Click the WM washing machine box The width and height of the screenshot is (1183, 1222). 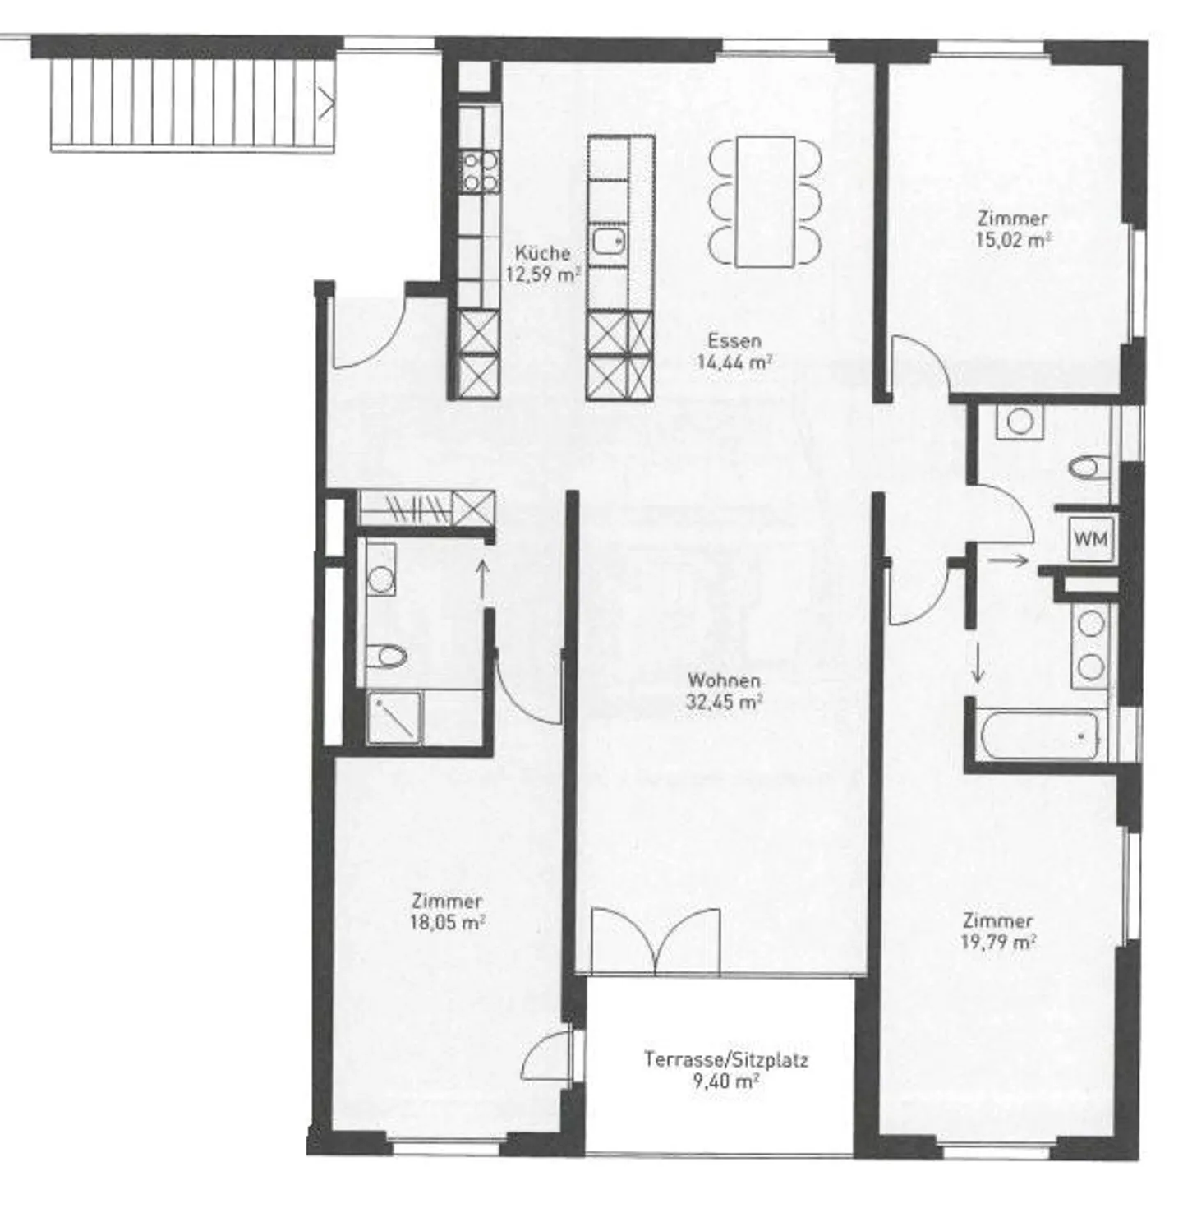tap(1091, 540)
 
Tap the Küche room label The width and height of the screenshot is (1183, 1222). tap(542, 253)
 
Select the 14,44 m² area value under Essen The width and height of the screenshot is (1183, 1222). tap(734, 362)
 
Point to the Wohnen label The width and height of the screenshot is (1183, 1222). tap(724, 680)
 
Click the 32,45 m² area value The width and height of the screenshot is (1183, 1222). tap(724, 702)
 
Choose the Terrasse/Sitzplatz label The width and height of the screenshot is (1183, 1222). tap(725, 1059)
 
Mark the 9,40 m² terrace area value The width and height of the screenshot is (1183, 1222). tap(725, 1081)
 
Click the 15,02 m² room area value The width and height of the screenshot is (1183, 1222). tap(1014, 240)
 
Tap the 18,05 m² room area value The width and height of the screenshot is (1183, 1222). tap(447, 922)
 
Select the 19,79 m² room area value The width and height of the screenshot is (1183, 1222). tap(997, 942)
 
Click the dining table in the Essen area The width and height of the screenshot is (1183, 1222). tap(765, 201)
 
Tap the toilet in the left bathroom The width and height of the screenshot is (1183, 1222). tap(387, 656)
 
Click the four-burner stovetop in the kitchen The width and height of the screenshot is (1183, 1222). tap(480, 172)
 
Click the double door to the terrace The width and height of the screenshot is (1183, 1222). tap(655, 941)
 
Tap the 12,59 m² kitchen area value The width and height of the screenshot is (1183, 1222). tap(543, 274)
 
